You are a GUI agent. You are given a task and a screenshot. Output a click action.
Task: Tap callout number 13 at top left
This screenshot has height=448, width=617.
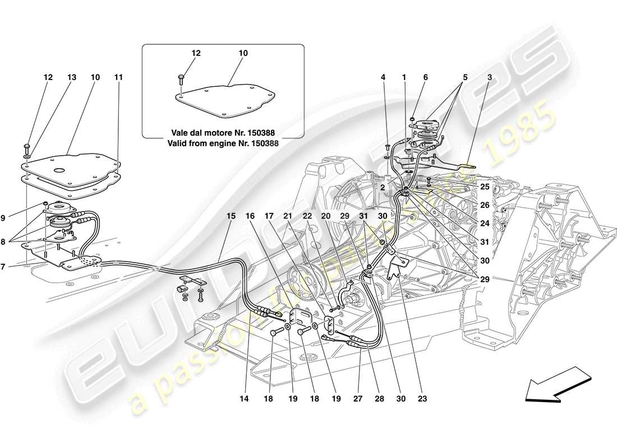pos(71,77)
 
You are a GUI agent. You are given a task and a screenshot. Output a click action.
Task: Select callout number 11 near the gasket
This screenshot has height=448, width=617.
pos(118,77)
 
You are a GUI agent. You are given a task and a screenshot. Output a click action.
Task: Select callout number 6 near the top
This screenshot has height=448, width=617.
pos(425,77)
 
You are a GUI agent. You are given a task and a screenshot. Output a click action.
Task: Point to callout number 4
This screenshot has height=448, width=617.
pos(384,77)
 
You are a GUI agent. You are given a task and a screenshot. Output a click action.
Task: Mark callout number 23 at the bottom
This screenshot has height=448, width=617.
pos(422,399)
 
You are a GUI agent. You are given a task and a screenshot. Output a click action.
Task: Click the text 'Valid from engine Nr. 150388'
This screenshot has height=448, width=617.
pos(223,143)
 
